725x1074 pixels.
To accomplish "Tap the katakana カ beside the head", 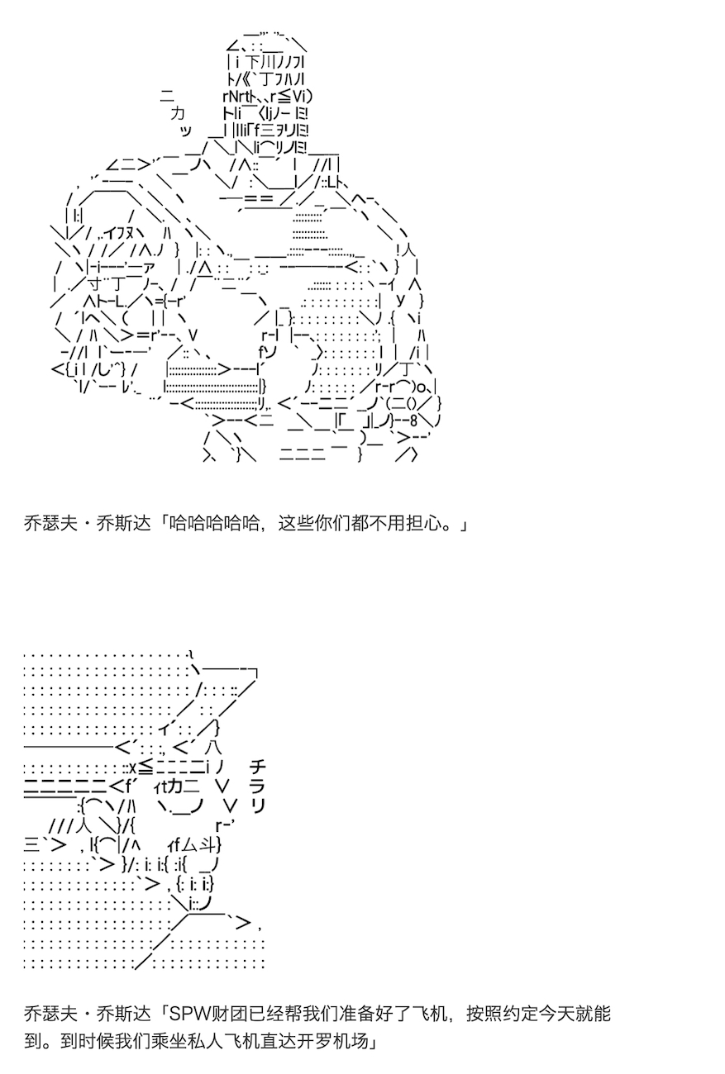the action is [178, 114].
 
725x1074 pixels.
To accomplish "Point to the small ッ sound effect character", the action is [186, 131].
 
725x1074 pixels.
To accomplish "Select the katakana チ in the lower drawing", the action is [258, 767].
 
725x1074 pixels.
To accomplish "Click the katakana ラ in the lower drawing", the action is [258, 786].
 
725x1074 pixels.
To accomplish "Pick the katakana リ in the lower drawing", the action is [258, 806].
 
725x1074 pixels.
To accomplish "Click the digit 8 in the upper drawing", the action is [413, 421].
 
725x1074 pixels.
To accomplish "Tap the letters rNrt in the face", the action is [236, 97].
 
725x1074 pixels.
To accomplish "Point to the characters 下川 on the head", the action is [260, 62].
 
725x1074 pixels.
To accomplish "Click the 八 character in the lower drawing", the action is [213, 748].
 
